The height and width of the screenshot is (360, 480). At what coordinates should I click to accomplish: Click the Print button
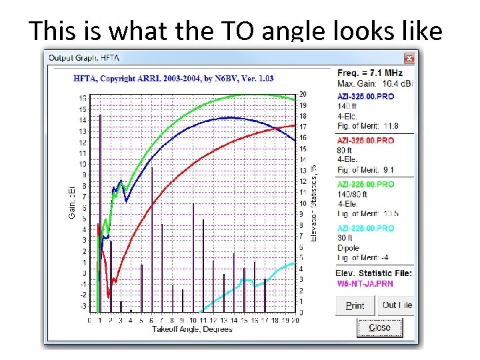click(355, 305)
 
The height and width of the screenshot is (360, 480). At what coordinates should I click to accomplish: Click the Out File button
click(396, 305)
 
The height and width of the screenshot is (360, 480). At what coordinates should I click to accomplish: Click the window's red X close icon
click(409, 58)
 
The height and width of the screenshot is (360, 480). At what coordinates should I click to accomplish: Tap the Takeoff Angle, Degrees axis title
click(192, 329)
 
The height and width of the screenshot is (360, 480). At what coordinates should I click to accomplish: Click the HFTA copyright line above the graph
click(173, 79)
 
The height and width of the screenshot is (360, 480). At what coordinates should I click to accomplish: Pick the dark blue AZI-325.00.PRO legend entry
click(365, 97)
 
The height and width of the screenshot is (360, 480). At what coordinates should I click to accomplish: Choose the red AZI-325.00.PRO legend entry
click(365, 141)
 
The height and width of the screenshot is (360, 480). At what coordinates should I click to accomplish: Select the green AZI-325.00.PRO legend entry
click(365, 184)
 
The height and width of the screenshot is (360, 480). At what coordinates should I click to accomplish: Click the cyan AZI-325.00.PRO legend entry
click(365, 228)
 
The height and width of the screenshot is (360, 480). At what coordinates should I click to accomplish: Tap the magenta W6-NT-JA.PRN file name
click(365, 283)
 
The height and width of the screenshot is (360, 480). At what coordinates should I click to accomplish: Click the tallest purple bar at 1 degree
click(100, 213)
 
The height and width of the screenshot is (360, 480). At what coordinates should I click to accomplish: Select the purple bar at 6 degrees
click(152, 240)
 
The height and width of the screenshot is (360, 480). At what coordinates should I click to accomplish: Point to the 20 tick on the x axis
click(295, 321)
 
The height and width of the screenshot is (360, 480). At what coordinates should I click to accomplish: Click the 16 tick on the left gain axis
click(82, 98)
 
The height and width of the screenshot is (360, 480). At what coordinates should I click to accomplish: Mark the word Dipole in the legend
click(348, 248)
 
